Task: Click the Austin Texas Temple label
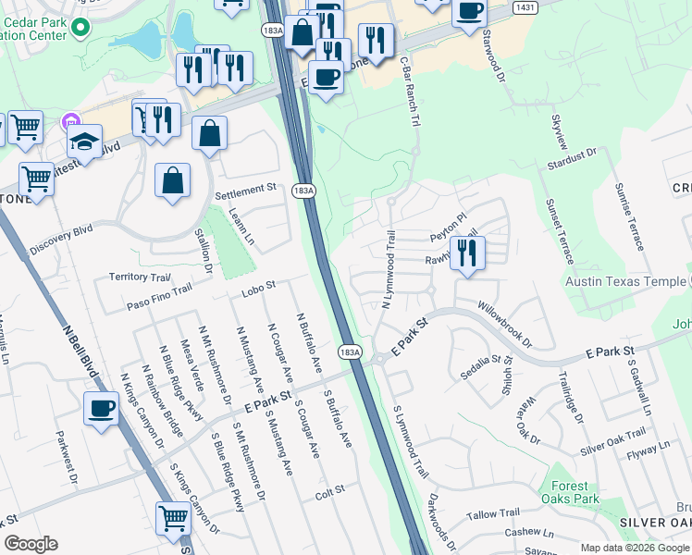point(628,280)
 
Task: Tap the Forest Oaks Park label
point(570,492)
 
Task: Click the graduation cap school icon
point(83,143)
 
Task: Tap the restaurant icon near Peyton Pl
point(468,253)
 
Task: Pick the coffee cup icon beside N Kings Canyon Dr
point(101,408)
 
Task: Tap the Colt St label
point(329,488)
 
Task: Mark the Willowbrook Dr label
point(505,322)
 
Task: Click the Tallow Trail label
point(495,514)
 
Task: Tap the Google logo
point(31,544)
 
